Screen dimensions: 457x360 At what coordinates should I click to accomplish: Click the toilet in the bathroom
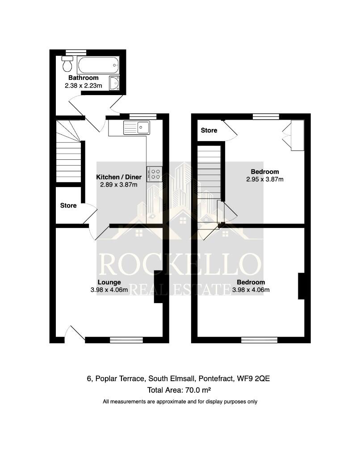67,65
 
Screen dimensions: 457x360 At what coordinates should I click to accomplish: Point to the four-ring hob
154,174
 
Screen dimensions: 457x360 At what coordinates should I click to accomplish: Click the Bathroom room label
87,78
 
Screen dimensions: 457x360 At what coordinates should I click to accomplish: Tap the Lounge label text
109,282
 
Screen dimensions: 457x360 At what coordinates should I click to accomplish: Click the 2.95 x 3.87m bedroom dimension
265,179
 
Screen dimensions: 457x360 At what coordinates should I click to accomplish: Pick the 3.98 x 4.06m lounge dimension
109,290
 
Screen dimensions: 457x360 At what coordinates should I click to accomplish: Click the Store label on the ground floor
68,206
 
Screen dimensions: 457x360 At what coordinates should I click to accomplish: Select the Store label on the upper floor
209,130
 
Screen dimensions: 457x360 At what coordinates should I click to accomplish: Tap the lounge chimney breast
159,287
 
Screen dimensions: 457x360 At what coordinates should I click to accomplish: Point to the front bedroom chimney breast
301,286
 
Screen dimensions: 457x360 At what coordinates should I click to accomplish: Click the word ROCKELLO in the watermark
180,264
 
